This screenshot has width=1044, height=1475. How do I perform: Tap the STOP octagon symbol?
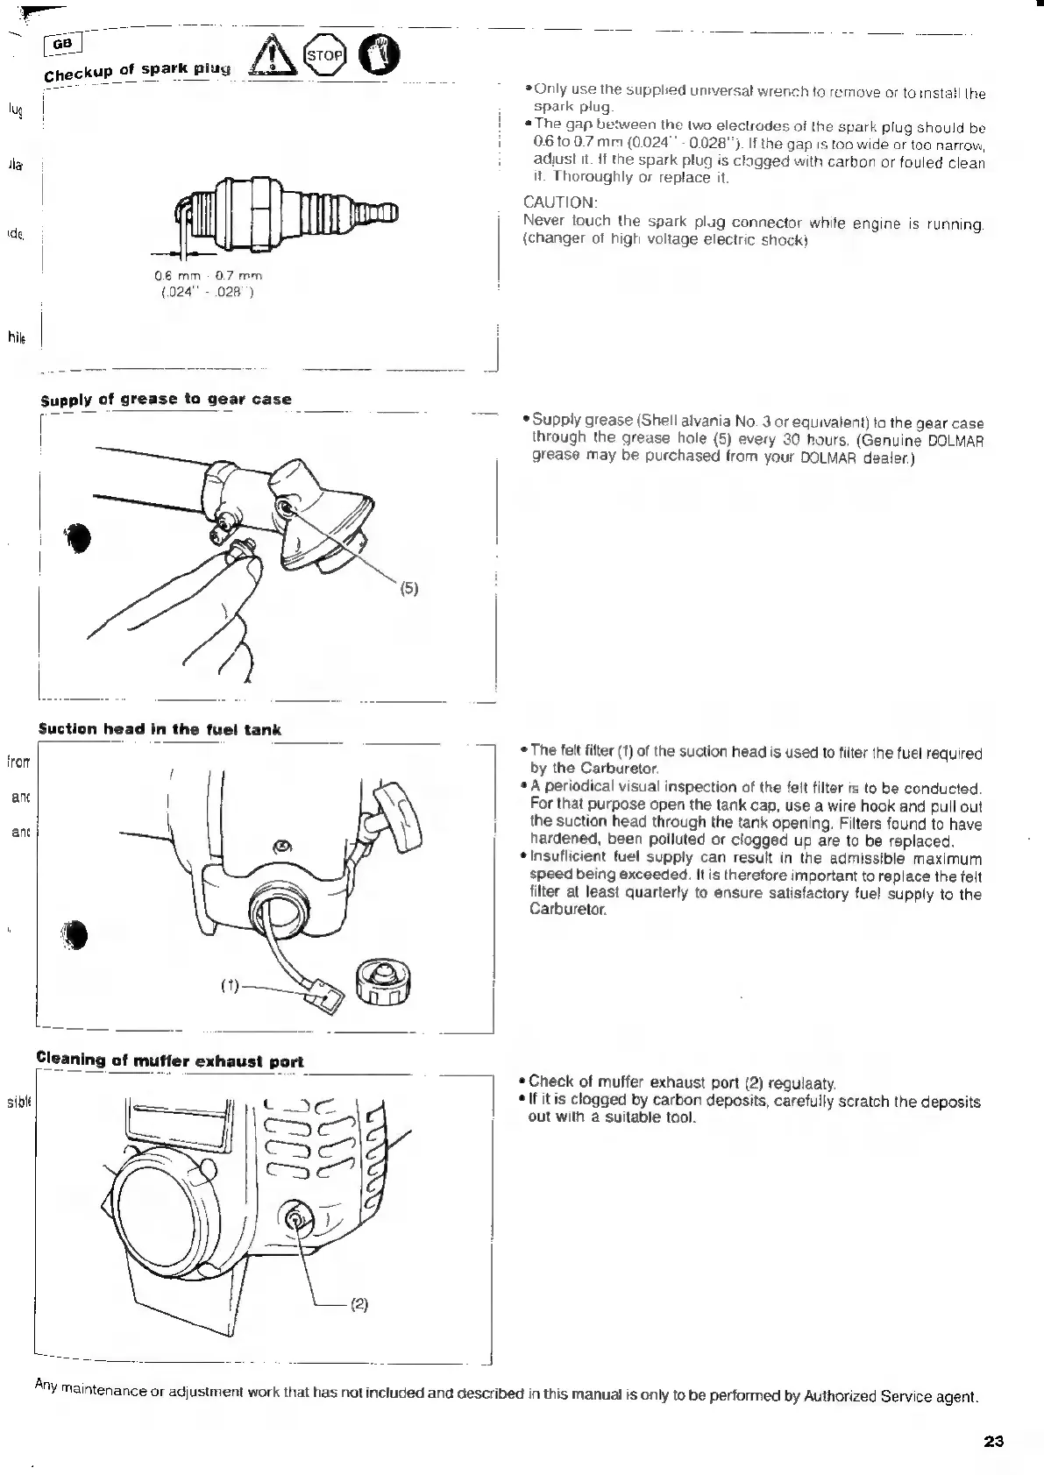[323, 55]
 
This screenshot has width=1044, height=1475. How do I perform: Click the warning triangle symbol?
[268, 59]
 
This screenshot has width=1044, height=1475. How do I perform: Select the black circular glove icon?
[380, 55]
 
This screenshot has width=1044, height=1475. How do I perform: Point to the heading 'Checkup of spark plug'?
[138, 69]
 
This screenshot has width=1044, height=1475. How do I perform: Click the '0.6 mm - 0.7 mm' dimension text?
[208, 276]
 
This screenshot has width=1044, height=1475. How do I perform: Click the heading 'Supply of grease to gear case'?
[167, 399]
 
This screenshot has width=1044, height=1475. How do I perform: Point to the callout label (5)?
[409, 589]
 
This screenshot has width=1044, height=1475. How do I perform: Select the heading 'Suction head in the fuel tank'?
[160, 729]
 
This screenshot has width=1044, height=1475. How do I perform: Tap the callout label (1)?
[230, 984]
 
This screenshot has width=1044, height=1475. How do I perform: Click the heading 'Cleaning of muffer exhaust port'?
[170, 1060]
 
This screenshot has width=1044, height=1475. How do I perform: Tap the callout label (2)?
[359, 1304]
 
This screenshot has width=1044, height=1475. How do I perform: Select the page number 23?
[993, 1442]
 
